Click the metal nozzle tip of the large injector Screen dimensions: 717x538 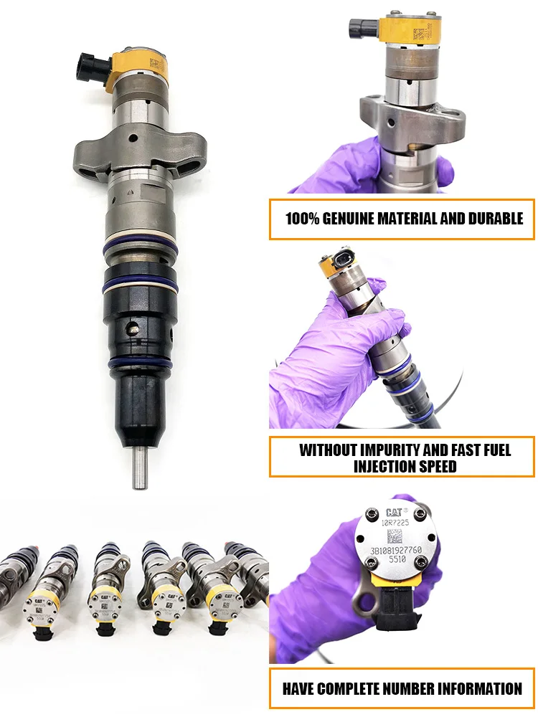[x=139, y=466]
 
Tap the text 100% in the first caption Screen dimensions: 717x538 [x=303, y=219]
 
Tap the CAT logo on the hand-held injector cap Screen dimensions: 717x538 [x=396, y=513]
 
